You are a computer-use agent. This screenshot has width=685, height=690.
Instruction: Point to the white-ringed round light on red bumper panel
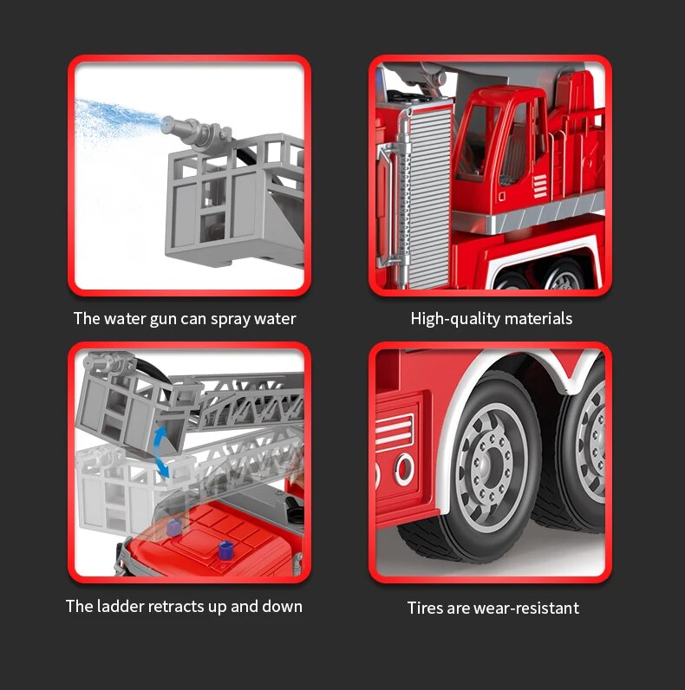point(404,469)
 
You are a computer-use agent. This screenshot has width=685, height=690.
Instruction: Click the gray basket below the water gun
point(235,200)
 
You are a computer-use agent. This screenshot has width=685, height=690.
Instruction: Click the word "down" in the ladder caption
point(282,606)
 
